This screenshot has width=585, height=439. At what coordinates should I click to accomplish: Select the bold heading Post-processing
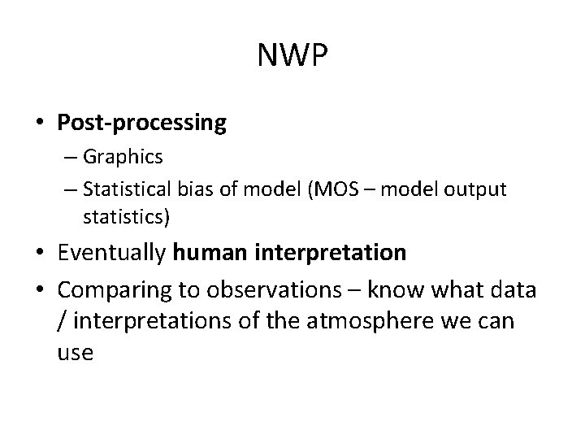point(141,123)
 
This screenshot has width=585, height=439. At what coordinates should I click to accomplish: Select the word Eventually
point(113,253)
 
